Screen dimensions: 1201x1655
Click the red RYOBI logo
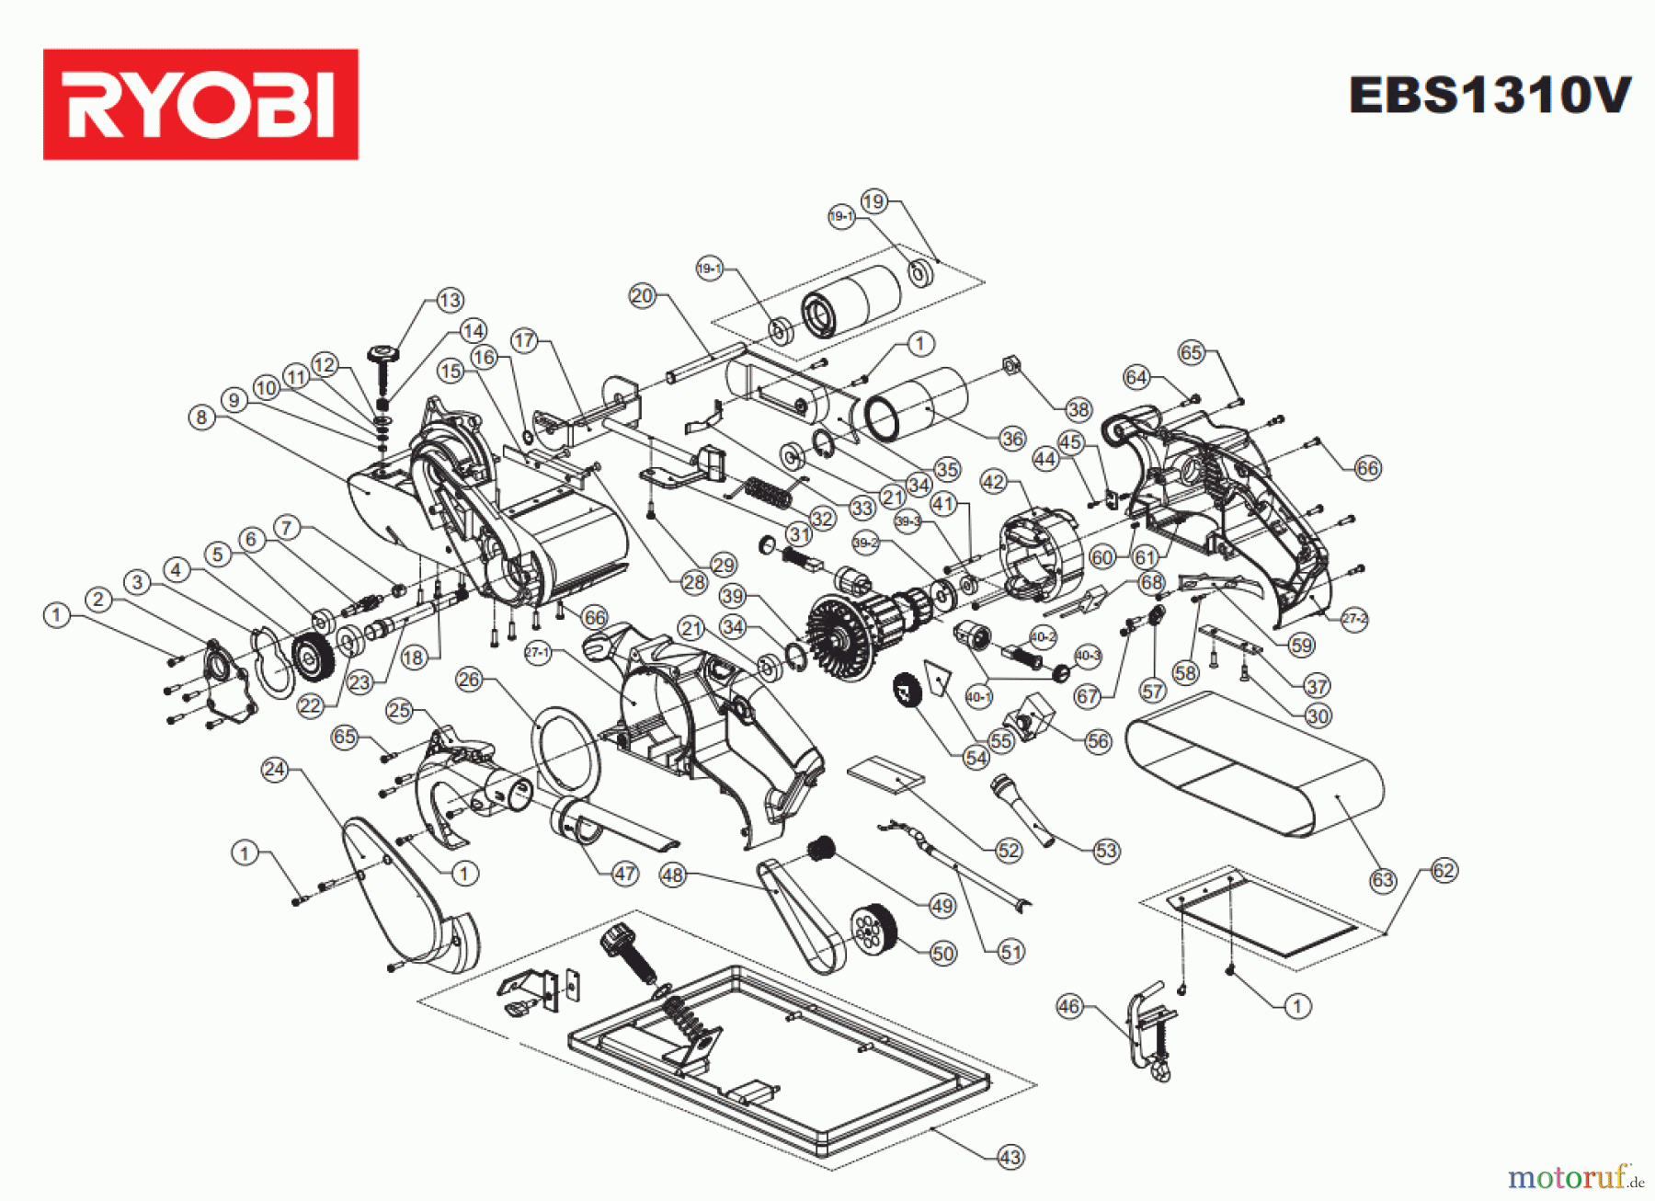tap(200, 104)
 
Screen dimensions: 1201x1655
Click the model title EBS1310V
tap(1489, 95)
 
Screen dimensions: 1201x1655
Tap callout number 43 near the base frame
tap(1010, 1157)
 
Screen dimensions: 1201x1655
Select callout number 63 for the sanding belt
tap(1383, 880)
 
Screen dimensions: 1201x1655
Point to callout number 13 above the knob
tap(450, 300)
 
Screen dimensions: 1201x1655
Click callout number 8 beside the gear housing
tap(202, 417)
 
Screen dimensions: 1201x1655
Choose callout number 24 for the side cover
tap(275, 769)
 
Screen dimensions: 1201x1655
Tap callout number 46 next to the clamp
tap(1068, 1006)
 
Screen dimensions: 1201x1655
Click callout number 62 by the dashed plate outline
tap(1444, 871)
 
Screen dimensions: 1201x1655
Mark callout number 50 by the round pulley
tap(943, 953)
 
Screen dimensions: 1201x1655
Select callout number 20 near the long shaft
tap(642, 296)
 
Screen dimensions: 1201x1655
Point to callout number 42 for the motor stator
tap(994, 482)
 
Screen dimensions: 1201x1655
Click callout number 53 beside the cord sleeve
tap(1106, 851)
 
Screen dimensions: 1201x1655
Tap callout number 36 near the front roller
tap(1012, 439)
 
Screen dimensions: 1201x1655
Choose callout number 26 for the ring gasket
tap(469, 680)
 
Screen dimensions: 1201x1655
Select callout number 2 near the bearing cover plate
tap(98, 600)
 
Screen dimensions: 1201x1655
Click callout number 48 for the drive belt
tap(673, 875)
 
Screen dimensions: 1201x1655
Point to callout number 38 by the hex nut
tap(1079, 409)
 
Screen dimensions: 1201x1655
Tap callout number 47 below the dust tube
tap(625, 874)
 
